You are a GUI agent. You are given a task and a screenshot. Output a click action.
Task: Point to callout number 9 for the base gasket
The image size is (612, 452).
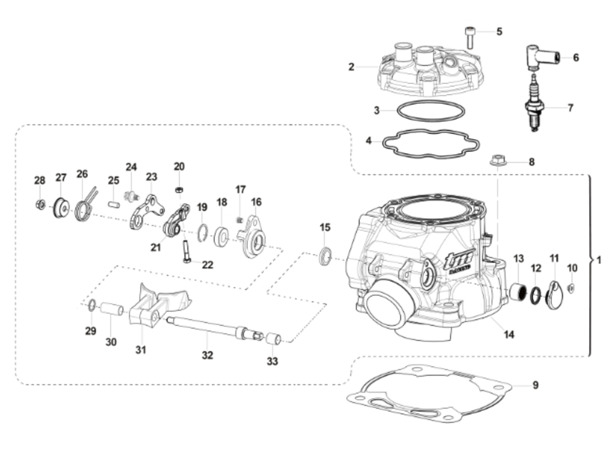click(x=535, y=385)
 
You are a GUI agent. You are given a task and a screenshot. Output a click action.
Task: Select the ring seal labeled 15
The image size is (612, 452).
click(x=325, y=256)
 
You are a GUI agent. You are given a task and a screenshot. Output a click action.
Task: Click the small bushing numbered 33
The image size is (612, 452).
click(x=273, y=339)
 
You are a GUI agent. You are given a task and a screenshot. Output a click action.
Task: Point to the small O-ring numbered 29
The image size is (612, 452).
click(x=91, y=305)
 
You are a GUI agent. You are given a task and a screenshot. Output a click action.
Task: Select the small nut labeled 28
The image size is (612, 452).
click(x=40, y=205)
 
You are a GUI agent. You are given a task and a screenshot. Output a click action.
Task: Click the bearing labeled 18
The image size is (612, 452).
click(x=221, y=236)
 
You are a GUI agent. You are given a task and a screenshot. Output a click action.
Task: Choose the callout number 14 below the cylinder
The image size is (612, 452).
click(x=508, y=335)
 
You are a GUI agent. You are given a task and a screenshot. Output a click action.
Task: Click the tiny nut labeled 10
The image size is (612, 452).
click(x=571, y=288)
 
